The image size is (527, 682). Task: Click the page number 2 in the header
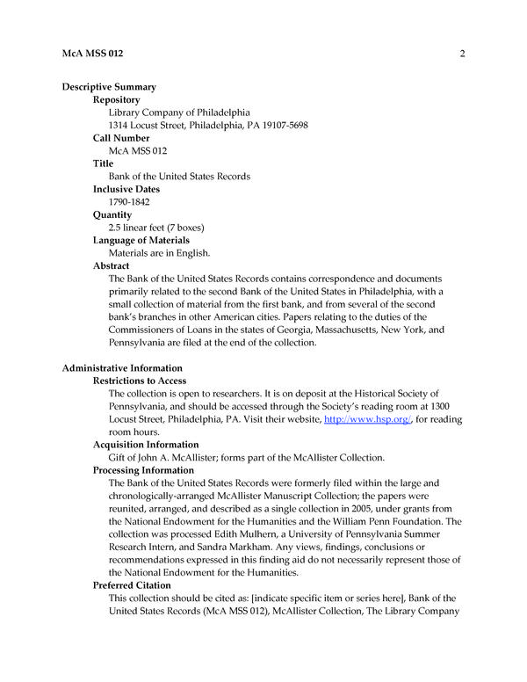coord(461,54)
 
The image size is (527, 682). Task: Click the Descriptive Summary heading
coord(109,87)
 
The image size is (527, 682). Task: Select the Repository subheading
coord(116,100)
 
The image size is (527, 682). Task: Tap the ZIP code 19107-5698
coord(280,126)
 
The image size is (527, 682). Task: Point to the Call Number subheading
coord(121,138)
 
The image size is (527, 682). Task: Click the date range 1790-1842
coord(129,202)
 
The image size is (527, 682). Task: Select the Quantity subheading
coord(112,214)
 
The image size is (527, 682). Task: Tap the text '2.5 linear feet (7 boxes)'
coord(156,228)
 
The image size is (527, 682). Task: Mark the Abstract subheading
coord(112,265)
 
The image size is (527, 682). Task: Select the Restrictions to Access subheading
coord(140,381)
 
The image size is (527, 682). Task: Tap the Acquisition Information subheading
coord(146,445)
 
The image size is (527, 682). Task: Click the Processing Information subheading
coord(143,470)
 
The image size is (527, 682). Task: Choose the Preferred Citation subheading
coord(132,585)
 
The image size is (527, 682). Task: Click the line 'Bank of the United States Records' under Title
coord(179,177)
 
